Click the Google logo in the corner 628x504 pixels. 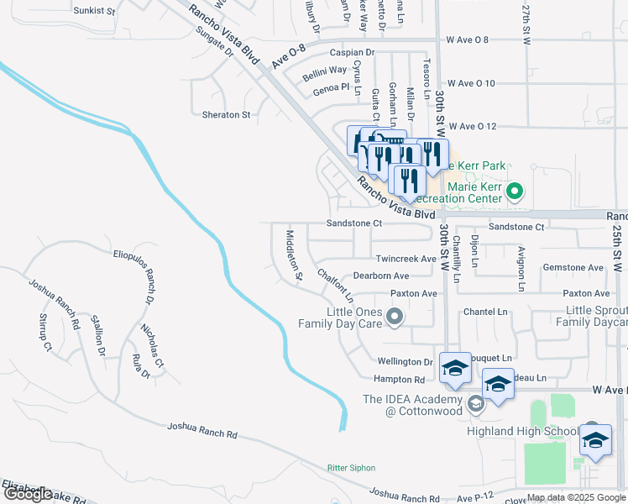pos(27,494)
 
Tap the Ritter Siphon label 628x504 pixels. pos(351,468)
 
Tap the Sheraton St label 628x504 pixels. pos(226,114)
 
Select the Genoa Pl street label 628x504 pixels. pos(331,87)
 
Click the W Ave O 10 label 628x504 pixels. pos(472,83)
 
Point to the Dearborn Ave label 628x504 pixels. pos(380,276)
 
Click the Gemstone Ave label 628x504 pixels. pos(573,268)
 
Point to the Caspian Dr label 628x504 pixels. pos(352,52)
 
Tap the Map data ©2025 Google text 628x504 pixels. pos(576,497)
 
